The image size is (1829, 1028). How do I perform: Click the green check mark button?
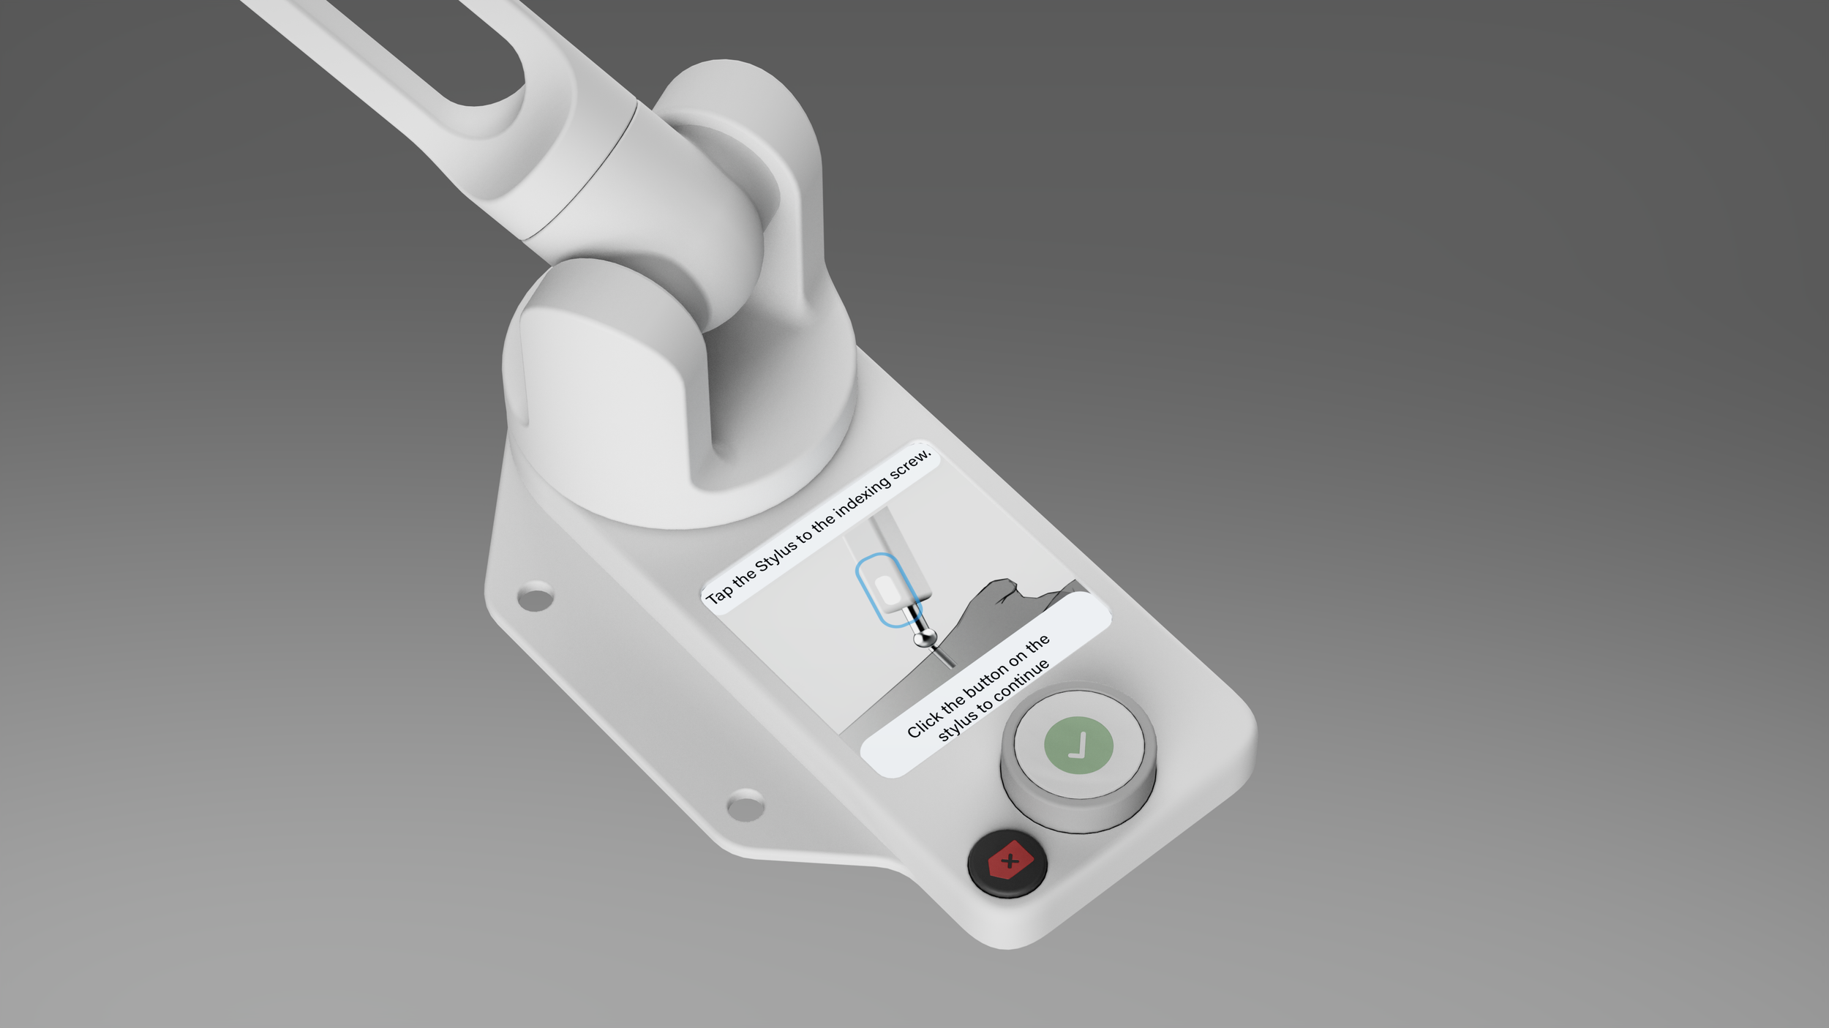1078,746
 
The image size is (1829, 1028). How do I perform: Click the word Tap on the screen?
718,592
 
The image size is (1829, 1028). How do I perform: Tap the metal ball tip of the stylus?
925,637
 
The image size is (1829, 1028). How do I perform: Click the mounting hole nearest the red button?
746,806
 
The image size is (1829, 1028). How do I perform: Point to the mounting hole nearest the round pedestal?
535,596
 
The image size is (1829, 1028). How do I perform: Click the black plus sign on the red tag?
1010,861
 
